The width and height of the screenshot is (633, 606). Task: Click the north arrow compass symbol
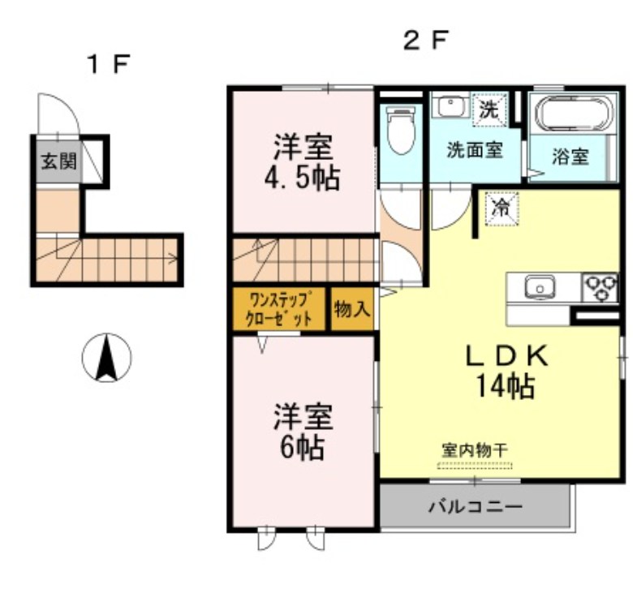[107, 358]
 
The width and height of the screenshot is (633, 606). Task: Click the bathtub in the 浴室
[570, 114]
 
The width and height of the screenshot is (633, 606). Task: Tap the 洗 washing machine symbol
[489, 110]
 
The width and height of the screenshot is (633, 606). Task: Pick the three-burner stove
[602, 286]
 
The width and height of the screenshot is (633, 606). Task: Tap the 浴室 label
[570, 157]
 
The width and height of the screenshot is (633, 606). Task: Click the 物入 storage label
[353, 309]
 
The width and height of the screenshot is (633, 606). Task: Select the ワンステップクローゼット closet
[280, 309]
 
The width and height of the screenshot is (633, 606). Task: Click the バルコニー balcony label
[475, 507]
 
